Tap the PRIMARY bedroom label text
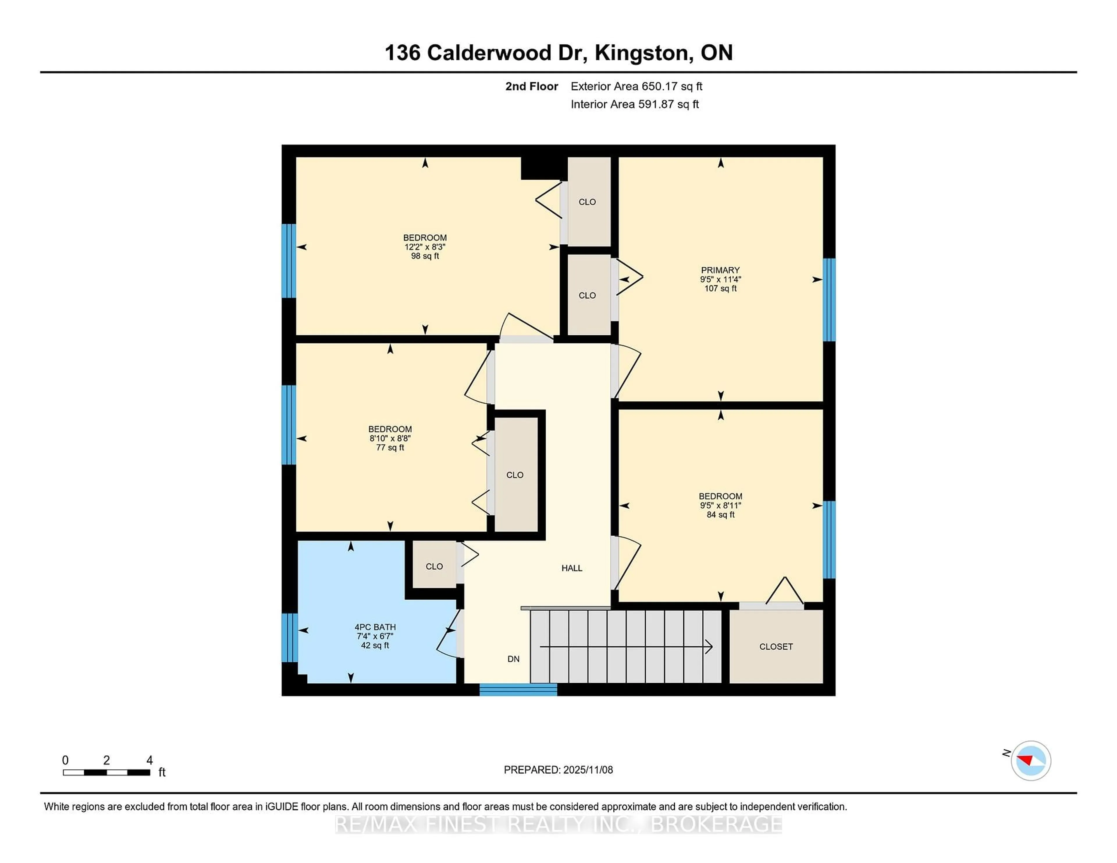[x=720, y=270]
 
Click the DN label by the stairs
[x=513, y=659]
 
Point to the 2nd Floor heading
[x=531, y=86]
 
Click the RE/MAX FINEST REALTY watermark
[x=558, y=824]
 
